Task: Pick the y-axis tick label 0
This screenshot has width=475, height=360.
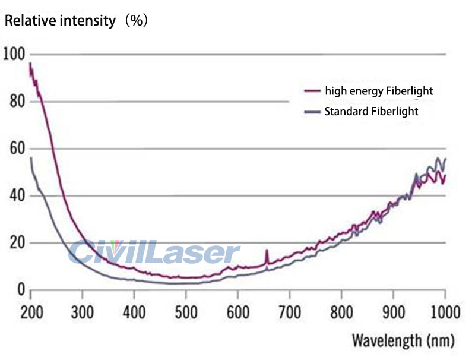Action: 20,290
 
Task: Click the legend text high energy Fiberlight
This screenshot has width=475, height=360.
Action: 379,91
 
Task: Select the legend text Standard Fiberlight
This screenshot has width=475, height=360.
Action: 371,111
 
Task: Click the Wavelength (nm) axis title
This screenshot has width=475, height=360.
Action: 403,340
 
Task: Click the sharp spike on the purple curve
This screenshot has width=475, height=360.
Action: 267,253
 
